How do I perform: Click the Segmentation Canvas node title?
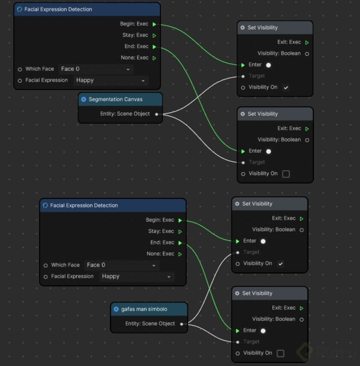point(115,99)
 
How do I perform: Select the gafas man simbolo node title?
point(144,309)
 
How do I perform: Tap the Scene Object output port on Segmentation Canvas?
point(156,114)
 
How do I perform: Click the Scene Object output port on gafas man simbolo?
point(182,324)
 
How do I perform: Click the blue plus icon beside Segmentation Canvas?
point(83,99)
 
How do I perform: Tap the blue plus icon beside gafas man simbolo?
point(116,309)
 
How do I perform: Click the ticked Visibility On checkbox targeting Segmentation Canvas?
point(286,88)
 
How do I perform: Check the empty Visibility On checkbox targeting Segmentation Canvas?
point(286,174)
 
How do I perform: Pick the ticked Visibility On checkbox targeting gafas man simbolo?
point(280,264)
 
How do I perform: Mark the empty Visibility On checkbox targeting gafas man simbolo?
point(280,353)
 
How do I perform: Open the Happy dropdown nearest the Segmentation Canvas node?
point(111,80)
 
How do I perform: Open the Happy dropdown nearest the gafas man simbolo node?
point(137,276)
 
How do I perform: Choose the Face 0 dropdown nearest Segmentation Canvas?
point(96,69)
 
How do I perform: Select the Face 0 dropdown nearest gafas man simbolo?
point(121,265)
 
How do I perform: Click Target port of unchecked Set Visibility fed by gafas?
point(238,342)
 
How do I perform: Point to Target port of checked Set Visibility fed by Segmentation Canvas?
point(243,76)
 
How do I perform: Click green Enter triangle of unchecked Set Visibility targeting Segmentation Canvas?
point(243,151)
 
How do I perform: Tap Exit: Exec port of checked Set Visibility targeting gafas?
point(302,218)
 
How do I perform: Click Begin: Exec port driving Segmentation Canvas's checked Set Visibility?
point(154,24)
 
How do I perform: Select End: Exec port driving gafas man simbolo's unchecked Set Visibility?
point(180,243)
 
